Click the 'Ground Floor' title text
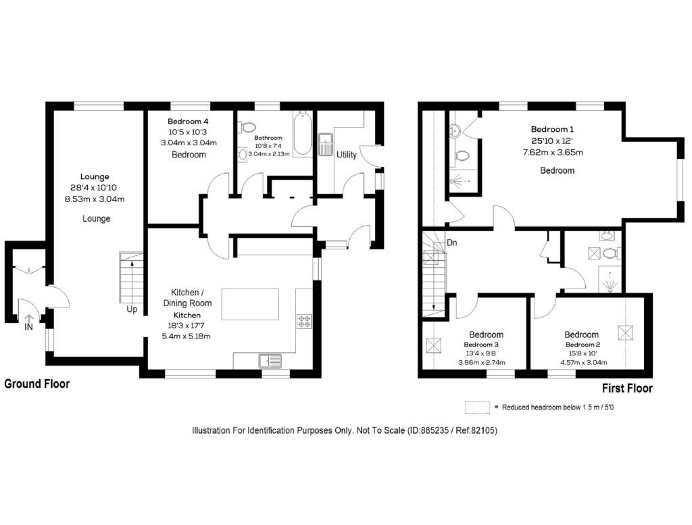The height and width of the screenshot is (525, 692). pos(37,384)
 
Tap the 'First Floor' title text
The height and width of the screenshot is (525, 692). pos(627,388)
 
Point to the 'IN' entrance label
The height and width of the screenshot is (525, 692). pos(28,327)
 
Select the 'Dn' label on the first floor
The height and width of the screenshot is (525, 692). pos(452,243)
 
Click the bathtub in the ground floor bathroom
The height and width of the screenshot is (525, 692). pos(302,133)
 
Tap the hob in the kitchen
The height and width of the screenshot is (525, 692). pos(303,321)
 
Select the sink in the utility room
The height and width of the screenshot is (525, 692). pos(326,143)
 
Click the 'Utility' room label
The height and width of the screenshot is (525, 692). pos(347,155)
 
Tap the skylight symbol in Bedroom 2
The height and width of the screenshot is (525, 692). pos(623,332)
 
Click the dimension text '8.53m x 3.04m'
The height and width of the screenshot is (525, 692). pos(95,199)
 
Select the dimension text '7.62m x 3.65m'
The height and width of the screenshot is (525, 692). pos(553,152)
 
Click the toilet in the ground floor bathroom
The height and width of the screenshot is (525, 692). pos(248,126)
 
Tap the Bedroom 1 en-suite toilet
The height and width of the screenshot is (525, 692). pos(463,155)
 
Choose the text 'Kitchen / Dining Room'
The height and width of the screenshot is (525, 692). pos(191,297)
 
